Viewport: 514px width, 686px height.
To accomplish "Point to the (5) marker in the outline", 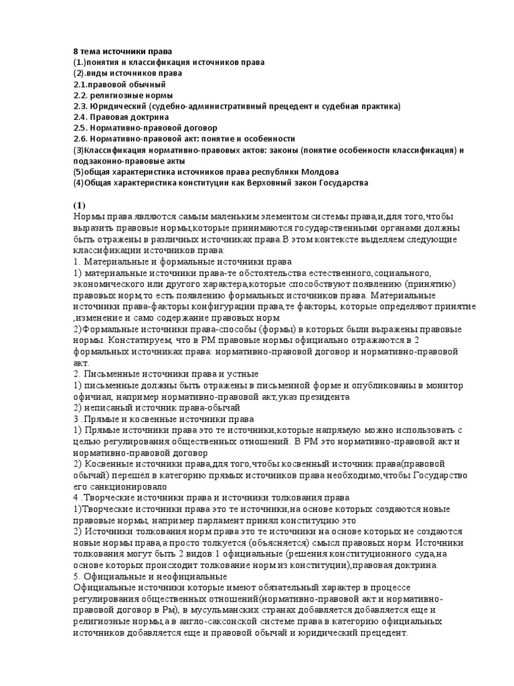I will pyautogui.click(x=80, y=171).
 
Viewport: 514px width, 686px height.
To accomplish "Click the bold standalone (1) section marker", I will pyautogui.click(x=80, y=204).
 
